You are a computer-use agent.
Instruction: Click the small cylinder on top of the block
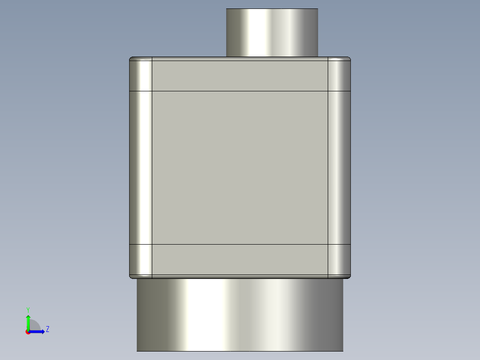click(x=272, y=33)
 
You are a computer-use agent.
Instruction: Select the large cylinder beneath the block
click(x=240, y=315)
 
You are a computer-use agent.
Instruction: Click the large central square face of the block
click(x=240, y=168)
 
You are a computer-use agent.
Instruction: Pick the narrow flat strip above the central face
click(x=240, y=74)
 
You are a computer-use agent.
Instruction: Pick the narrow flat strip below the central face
click(x=240, y=259)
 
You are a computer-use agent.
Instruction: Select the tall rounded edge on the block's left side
click(x=141, y=168)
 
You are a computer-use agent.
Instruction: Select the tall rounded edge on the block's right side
click(x=339, y=168)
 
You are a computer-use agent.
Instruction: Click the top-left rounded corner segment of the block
click(x=141, y=74)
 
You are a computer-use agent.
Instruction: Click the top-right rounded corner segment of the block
click(x=339, y=74)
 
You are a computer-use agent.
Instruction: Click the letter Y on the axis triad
click(x=28, y=309)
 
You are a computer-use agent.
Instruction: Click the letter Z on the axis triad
click(x=47, y=329)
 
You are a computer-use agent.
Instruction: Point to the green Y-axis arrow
click(x=28, y=322)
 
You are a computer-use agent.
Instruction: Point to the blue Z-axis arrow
click(x=37, y=331)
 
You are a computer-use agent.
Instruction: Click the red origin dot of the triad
click(x=28, y=332)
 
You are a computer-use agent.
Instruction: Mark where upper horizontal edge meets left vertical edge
click(x=152, y=91)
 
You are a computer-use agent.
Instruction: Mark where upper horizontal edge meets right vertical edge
click(x=328, y=91)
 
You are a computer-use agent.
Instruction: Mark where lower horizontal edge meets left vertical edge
click(x=152, y=245)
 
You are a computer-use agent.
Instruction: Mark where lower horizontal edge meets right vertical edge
click(x=328, y=245)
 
